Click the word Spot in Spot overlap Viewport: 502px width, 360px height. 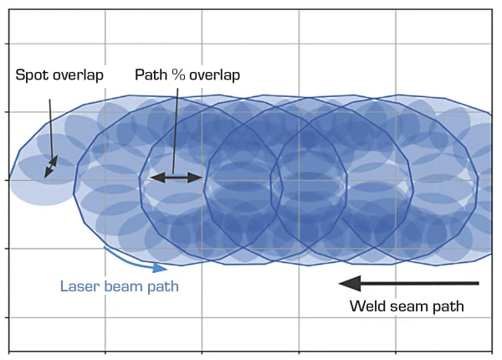tap(32, 75)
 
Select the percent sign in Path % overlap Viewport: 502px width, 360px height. tap(178, 75)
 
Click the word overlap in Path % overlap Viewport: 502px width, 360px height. tap(214, 75)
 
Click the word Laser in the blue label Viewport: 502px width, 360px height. tap(78, 286)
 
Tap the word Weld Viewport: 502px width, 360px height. tap(366, 307)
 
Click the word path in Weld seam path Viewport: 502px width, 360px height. tap(448, 307)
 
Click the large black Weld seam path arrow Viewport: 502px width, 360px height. tap(410, 283)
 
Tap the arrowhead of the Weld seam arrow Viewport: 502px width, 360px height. tap(351, 283)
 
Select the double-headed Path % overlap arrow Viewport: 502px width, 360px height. tap(176, 177)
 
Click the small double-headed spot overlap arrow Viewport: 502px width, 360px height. tap(52, 165)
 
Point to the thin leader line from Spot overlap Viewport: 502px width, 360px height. tap(49, 126)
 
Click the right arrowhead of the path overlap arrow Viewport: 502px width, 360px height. tap(197, 177)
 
